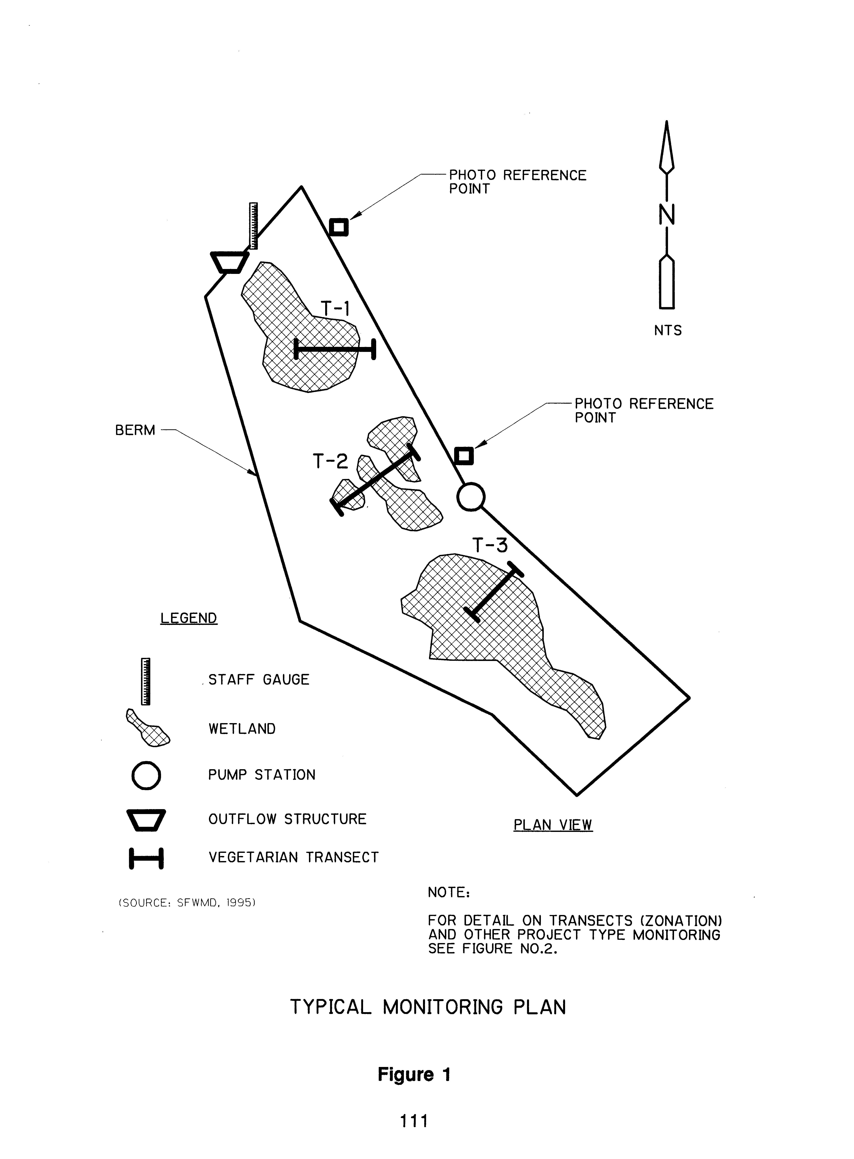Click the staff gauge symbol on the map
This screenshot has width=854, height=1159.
point(253,226)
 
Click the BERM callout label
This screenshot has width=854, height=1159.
point(135,430)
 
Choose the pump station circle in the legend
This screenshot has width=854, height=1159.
point(146,775)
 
